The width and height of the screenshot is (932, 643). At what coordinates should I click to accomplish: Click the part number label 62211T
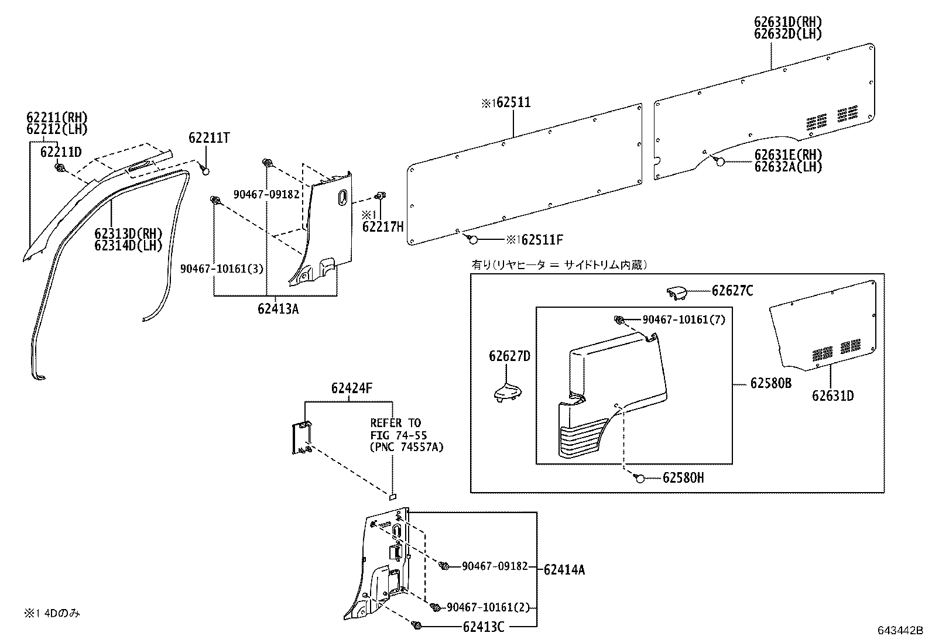click(209, 138)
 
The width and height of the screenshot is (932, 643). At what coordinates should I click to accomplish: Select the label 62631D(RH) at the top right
click(787, 22)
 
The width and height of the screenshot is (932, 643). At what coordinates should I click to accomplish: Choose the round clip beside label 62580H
click(639, 479)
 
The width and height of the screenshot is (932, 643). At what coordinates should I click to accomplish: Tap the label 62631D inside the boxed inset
click(832, 396)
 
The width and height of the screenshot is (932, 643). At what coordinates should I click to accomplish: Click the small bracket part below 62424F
click(301, 436)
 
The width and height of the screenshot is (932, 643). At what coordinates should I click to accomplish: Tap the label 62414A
click(564, 569)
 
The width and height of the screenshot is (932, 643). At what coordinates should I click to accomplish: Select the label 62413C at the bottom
click(483, 627)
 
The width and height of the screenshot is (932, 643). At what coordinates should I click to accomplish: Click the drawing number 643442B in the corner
click(899, 631)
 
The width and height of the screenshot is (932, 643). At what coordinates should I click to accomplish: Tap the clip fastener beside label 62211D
click(60, 168)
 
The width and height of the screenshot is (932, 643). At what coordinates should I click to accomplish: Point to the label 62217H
click(383, 226)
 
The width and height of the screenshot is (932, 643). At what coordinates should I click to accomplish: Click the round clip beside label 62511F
click(472, 239)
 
